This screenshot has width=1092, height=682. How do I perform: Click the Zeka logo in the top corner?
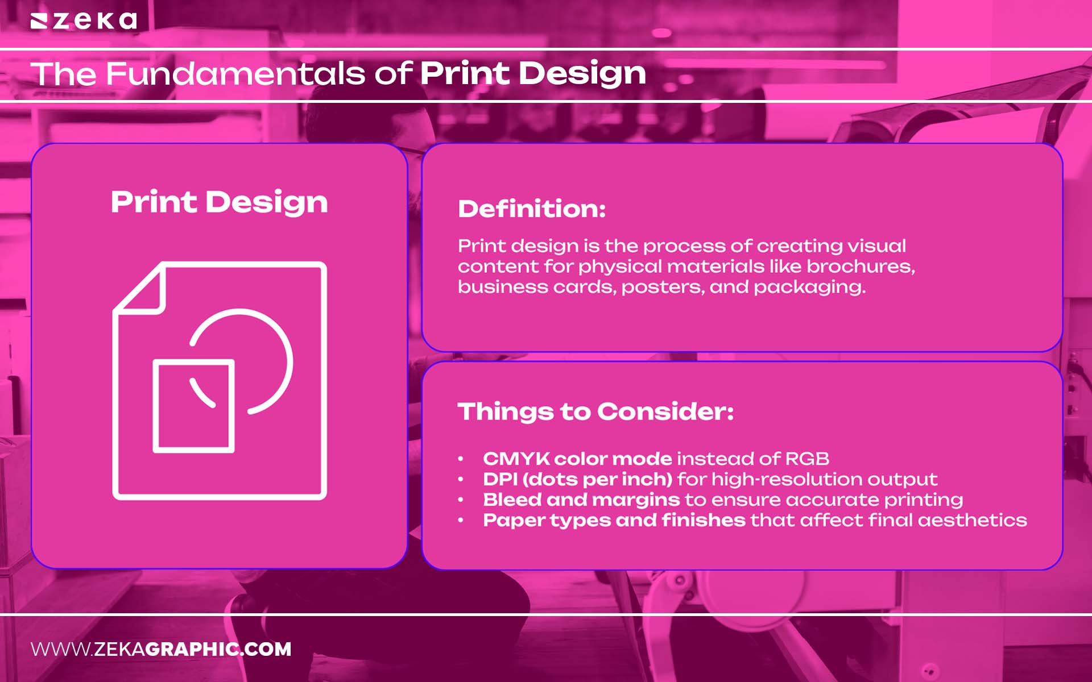[x=84, y=21]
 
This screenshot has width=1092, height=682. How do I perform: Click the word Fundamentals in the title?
[x=235, y=74]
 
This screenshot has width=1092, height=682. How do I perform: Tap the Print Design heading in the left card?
[x=219, y=202]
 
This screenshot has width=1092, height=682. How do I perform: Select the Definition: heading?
[x=532, y=209]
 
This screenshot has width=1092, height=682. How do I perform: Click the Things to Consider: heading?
[x=595, y=411]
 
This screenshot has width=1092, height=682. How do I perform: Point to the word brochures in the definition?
[x=860, y=267]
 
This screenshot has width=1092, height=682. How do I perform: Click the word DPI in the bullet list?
[x=500, y=479]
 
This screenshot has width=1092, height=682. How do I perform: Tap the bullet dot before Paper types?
[x=461, y=520]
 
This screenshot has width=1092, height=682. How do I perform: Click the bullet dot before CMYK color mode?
[x=461, y=459]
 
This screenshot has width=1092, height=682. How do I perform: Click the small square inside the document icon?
[x=193, y=406]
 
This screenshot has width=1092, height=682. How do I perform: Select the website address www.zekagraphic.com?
[x=161, y=649]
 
